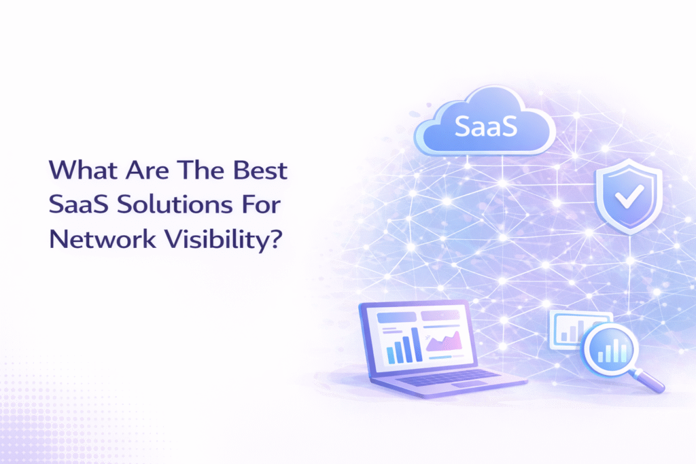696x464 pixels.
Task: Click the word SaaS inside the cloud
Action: click(x=485, y=126)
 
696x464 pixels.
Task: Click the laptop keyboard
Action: click(x=449, y=377)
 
